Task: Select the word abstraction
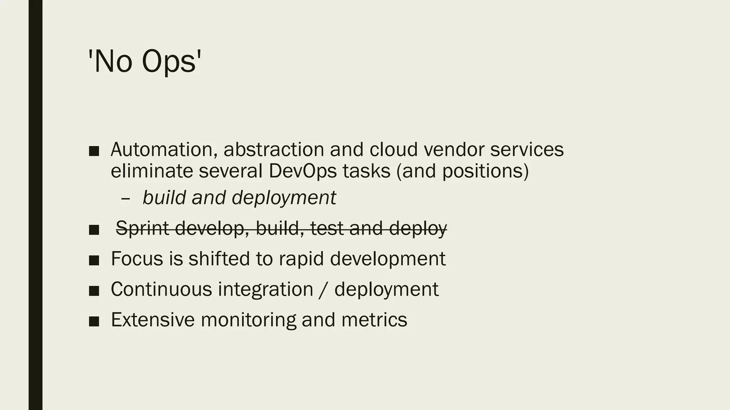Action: click(x=273, y=149)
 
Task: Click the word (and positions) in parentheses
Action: click(x=462, y=171)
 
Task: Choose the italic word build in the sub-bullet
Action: click(x=164, y=198)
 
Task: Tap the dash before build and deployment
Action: click(x=125, y=198)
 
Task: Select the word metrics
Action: click(x=374, y=320)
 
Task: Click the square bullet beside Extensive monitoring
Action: click(x=94, y=321)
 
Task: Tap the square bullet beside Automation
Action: click(x=94, y=151)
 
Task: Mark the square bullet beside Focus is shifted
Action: click(x=94, y=260)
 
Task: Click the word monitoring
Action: click(x=248, y=320)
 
